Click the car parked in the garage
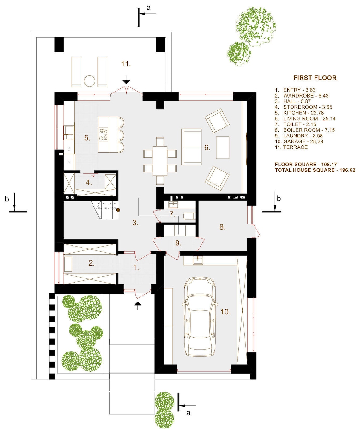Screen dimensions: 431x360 pyautogui.click(x=200, y=317)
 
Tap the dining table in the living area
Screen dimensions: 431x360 pyautogui.click(x=160, y=160)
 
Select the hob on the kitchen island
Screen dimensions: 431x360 pyautogui.click(x=104, y=134)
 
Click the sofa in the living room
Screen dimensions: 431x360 pyautogui.click(x=191, y=147)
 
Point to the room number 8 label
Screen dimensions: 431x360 pyautogui.click(x=222, y=227)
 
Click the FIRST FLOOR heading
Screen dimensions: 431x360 pyautogui.click(x=315, y=78)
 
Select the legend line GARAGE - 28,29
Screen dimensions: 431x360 pyautogui.click(x=299, y=141)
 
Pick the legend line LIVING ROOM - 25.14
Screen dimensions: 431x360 pyautogui.click(x=305, y=119)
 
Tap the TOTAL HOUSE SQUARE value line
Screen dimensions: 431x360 pyautogui.click(x=315, y=170)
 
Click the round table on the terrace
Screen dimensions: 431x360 pyautogui.click(x=90, y=81)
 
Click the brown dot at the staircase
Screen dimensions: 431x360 pyautogui.click(x=118, y=210)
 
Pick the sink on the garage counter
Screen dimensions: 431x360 pyautogui.click(x=198, y=260)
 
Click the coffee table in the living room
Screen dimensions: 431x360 pyautogui.click(x=223, y=147)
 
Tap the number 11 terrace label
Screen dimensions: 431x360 pyautogui.click(x=126, y=64)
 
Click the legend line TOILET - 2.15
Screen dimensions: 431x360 pyautogui.click(x=295, y=124)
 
